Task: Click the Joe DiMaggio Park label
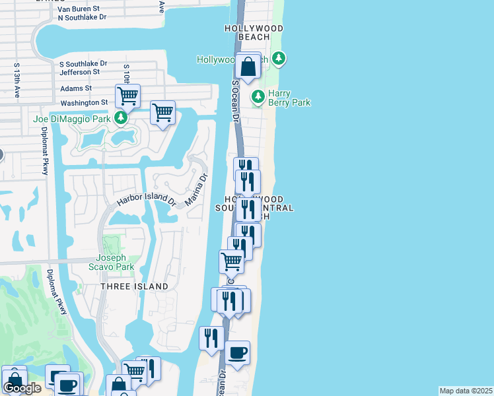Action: pos(71,119)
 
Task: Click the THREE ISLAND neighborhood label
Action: pos(134,286)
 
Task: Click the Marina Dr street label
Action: pos(197,189)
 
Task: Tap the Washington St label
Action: pos(84,103)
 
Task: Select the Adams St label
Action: pos(76,88)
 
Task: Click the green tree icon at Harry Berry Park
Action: pos(258,96)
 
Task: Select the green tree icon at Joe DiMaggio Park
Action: pos(120,119)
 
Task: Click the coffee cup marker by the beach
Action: pos(237,352)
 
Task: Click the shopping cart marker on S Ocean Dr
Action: pos(231,261)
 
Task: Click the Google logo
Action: pos(22,389)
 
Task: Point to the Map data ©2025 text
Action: pos(466,391)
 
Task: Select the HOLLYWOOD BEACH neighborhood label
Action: pos(254,33)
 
